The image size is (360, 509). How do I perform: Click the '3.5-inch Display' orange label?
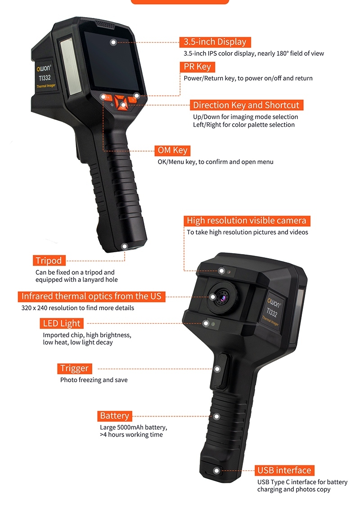[215, 42]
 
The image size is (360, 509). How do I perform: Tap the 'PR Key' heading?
[197, 67]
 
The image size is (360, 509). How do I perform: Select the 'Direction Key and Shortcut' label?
[246, 105]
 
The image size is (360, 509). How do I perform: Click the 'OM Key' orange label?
[172, 150]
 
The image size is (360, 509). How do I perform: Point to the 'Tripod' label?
[49, 260]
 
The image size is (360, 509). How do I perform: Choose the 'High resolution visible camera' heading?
[247, 221]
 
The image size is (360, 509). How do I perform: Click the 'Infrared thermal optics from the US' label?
[91, 296]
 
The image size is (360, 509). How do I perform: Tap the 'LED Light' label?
[62, 323]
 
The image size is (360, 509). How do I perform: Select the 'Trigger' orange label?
[74, 368]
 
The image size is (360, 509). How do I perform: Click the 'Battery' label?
[114, 416]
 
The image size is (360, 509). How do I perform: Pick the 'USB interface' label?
[284, 470]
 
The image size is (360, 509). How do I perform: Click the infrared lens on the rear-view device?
[223, 296]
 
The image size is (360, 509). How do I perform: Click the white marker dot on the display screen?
[113, 42]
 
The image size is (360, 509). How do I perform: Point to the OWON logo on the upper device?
[44, 68]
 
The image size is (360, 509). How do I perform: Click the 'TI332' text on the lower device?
[272, 313]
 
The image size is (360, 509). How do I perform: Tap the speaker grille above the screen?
[104, 25]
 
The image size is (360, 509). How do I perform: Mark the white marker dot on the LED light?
[206, 323]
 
